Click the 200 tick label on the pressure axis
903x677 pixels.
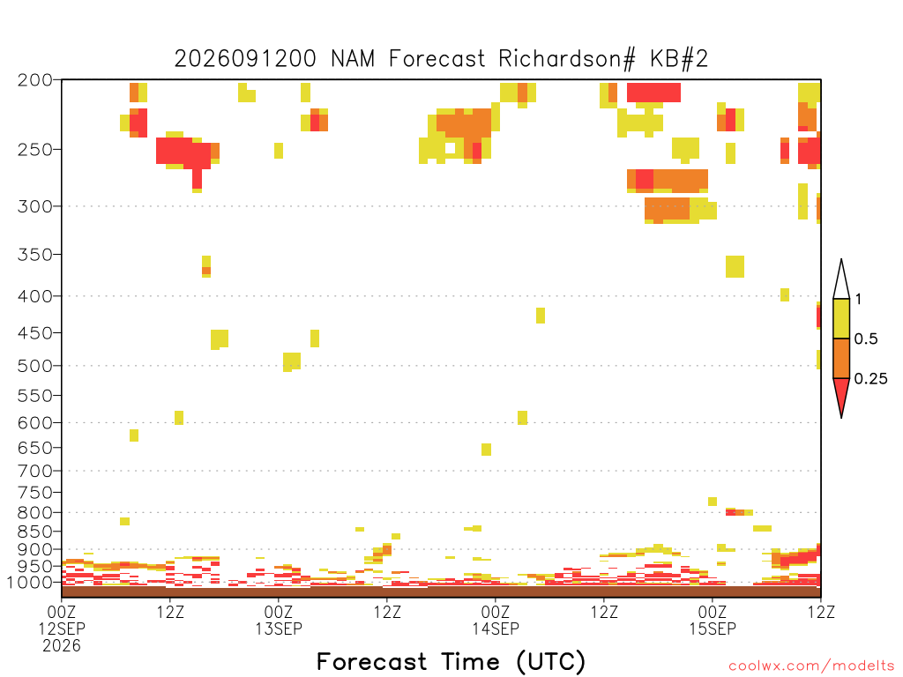tap(35, 79)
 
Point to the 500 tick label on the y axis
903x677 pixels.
tap(35, 366)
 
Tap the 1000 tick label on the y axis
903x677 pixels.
tap(29, 582)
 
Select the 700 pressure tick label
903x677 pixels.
tap(35, 471)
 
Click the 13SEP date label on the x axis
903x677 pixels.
tap(279, 629)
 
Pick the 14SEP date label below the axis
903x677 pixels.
tap(496, 629)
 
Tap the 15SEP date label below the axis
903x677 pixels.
tap(713, 629)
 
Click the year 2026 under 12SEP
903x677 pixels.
tap(62, 646)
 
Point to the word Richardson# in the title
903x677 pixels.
tap(567, 59)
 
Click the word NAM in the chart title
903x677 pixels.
tap(353, 59)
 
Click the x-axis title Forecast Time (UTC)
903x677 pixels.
tap(451, 661)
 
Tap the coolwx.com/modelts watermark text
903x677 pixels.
tap(811, 666)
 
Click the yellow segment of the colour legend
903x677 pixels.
tap(841, 318)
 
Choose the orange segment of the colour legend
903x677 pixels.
tap(841, 358)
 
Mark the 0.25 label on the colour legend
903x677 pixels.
tap(870, 379)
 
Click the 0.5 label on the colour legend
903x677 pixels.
tap(866, 338)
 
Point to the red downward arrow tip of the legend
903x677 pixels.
tap(841, 417)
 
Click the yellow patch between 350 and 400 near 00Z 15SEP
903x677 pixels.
tap(735, 266)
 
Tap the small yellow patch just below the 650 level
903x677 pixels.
tap(486, 450)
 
